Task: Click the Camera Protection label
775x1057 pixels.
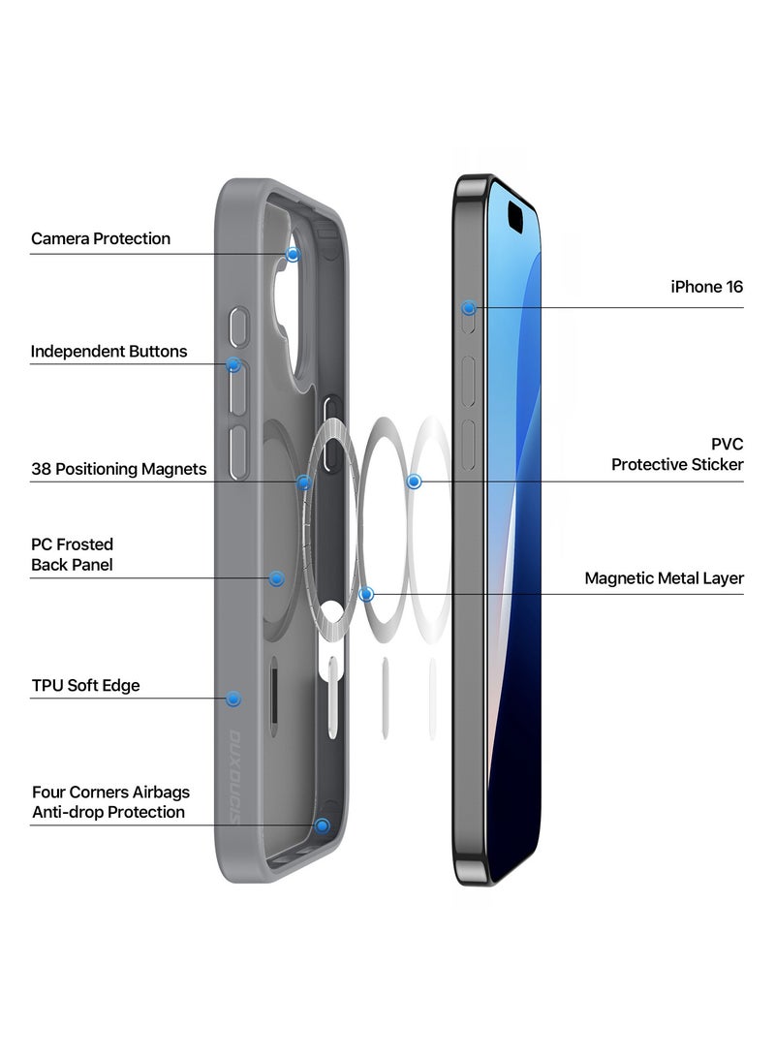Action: point(101,238)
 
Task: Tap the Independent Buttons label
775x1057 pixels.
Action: point(108,351)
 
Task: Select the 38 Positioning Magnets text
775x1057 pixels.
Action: point(118,469)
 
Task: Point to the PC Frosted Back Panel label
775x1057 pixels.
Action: point(72,554)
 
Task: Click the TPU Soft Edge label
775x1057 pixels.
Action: point(85,685)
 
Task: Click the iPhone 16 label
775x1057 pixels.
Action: point(707,287)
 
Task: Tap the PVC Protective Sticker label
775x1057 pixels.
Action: point(677,454)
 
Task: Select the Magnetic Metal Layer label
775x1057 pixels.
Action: point(664,578)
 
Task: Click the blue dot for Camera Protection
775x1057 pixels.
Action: point(293,254)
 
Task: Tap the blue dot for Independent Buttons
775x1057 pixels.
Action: point(233,365)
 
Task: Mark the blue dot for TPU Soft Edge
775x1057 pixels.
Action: point(232,699)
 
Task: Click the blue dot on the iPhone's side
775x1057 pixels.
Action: point(469,308)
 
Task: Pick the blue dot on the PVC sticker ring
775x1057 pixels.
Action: point(415,482)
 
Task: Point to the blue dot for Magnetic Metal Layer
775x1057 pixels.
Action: point(366,594)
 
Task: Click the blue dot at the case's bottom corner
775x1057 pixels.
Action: point(323,825)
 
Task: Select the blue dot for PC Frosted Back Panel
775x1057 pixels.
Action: point(276,578)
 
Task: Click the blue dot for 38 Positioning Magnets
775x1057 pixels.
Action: point(304,482)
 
